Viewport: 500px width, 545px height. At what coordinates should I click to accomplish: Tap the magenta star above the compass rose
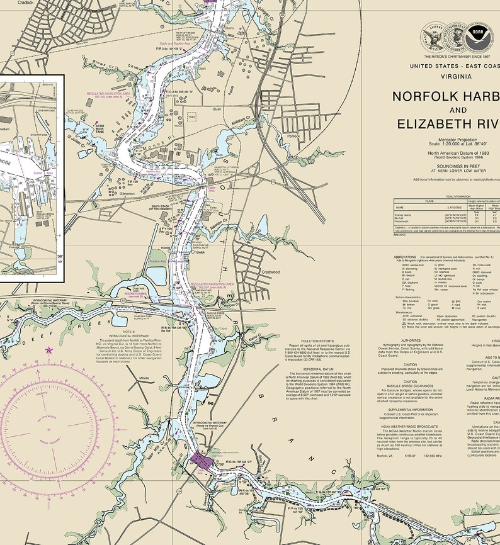tap(49, 350)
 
